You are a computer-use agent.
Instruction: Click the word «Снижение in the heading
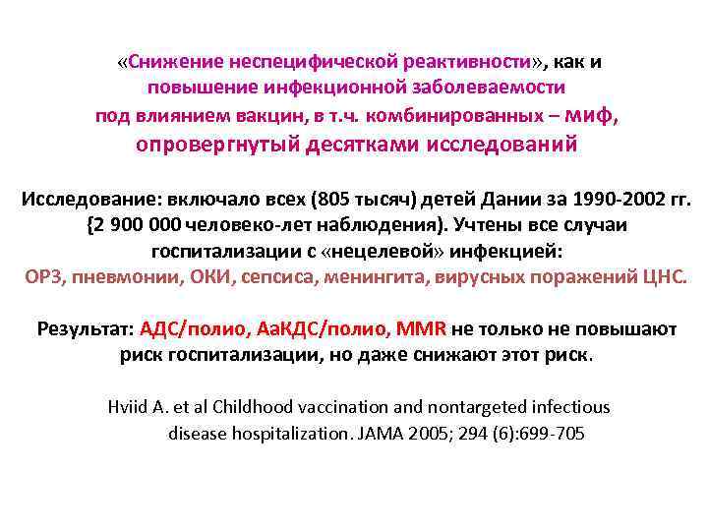pyautogui.click(x=170, y=62)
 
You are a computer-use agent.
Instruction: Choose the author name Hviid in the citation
pyautogui.click(x=128, y=407)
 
